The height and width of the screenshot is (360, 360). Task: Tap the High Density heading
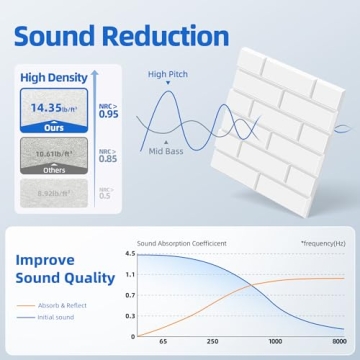click(x=48, y=76)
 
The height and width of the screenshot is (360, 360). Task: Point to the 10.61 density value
click(x=49, y=156)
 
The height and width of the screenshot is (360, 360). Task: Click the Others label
click(x=48, y=171)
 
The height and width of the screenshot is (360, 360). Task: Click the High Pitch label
click(x=167, y=73)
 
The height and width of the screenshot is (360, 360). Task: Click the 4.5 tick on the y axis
click(x=129, y=255)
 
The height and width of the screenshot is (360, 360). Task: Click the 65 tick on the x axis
click(x=164, y=343)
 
